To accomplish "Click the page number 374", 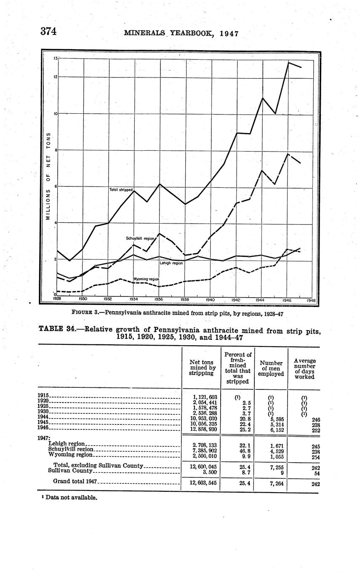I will [x=48, y=32].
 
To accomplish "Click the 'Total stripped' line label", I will [x=121, y=190].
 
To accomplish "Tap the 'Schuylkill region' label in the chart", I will [x=140, y=238].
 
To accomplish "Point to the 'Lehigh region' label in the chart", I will [x=171, y=263].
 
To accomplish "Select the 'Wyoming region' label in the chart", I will [x=146, y=279].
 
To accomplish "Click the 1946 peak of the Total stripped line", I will [x=288, y=63].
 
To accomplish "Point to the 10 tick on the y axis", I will [x=55, y=114].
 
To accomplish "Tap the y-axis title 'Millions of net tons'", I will [x=48, y=177].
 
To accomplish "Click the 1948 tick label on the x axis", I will [x=311, y=300].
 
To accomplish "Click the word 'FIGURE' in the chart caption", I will [x=82, y=313].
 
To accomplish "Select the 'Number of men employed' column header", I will [x=271, y=368].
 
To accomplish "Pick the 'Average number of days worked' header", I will [x=304, y=369].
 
